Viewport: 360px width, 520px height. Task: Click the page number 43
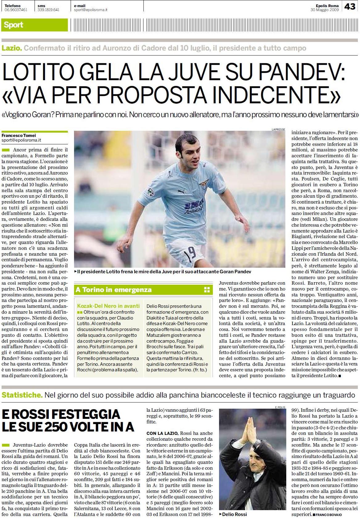click(350, 6)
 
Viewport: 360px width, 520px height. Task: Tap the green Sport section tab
click(14, 25)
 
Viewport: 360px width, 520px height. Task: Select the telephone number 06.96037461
click(16, 10)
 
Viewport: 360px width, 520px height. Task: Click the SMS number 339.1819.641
click(48, 10)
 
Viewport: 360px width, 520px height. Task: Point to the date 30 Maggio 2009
click(325, 10)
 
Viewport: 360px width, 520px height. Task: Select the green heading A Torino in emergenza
click(114, 290)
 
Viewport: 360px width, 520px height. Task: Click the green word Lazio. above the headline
click(12, 48)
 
